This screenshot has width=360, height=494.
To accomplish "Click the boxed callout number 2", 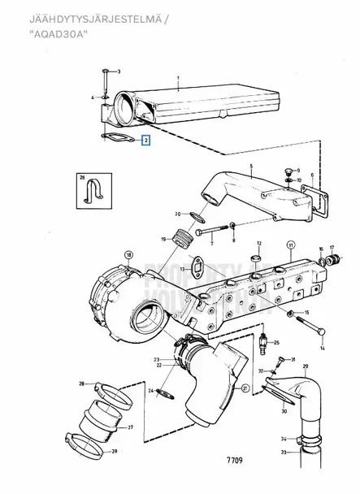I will [x=146, y=140].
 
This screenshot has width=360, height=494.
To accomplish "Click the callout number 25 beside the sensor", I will [x=275, y=343].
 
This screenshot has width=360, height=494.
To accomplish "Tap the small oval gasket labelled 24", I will [x=165, y=396].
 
